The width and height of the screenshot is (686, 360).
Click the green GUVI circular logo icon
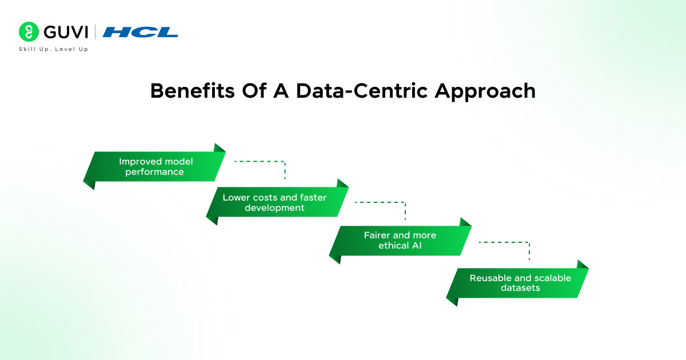(x=27, y=31)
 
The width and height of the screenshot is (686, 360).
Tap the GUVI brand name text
(x=64, y=31)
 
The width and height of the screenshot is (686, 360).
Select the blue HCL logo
(x=141, y=32)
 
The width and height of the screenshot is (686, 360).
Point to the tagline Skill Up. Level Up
(x=54, y=49)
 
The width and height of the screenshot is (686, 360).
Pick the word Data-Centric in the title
(x=345, y=91)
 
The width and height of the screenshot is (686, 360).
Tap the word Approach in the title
(x=485, y=91)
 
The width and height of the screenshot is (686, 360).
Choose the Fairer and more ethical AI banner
(x=400, y=240)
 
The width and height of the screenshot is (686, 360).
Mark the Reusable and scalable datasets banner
(x=517, y=282)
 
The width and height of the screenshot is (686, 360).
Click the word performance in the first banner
(x=154, y=172)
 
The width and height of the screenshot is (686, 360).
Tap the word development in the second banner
(x=274, y=208)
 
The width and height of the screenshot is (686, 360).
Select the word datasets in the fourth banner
(x=520, y=288)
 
